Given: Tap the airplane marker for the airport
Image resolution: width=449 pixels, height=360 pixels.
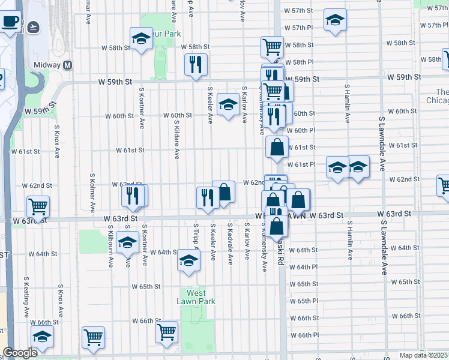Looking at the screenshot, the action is pyautogui.click(x=32, y=27).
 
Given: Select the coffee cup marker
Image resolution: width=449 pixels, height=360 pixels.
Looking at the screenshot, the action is pyautogui.click(x=10, y=22).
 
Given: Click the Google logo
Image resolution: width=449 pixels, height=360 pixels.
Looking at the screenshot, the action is pyautogui.click(x=20, y=353).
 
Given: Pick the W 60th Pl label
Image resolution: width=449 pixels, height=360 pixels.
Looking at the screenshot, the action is pyautogui.click(x=301, y=131).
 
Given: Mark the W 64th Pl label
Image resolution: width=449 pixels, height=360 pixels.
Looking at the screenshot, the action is pyautogui.click(x=303, y=267).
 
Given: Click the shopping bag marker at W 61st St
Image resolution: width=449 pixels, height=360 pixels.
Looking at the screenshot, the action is pyautogui.click(x=276, y=147).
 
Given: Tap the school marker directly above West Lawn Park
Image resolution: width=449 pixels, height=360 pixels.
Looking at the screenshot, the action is pyautogui.click(x=188, y=261).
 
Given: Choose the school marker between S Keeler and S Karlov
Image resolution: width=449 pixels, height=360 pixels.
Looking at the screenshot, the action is pyautogui.click(x=228, y=105).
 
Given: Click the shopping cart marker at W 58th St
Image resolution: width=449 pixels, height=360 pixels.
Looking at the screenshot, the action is pyautogui.click(x=272, y=46).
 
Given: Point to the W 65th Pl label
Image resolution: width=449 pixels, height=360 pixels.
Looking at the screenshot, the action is pyautogui.click(x=303, y=301).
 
